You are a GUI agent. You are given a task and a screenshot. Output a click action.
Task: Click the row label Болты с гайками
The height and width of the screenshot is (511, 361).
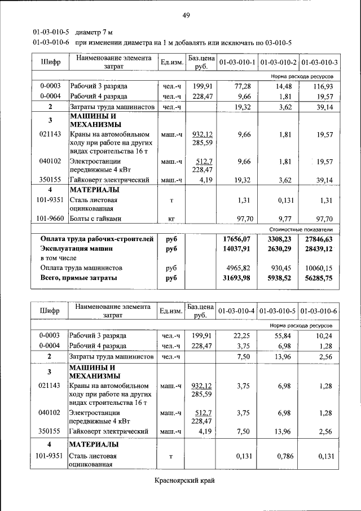pyautogui.click(x=95, y=218)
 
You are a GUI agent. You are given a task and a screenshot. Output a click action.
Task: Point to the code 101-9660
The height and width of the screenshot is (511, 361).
pyautogui.click(x=50, y=218)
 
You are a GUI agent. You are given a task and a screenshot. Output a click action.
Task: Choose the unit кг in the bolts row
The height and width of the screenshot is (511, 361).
pyautogui.click(x=171, y=218)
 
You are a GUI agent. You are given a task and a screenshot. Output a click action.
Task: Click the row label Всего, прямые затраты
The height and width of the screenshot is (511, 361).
pyautogui.click(x=78, y=278)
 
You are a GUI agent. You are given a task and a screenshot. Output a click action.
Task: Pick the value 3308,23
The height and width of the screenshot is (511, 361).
pyautogui.click(x=278, y=239)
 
